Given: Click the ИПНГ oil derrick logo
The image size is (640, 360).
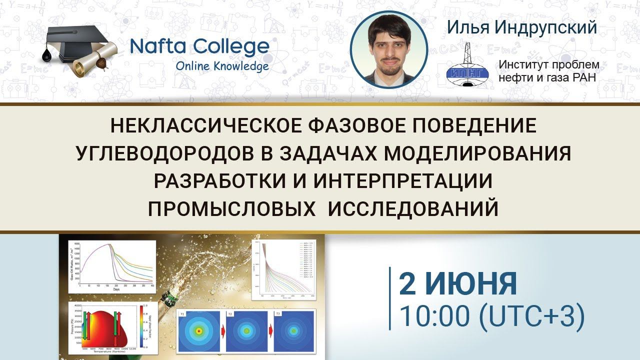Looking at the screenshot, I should (x=467, y=65).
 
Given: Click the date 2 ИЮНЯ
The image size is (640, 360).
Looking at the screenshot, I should (x=457, y=283).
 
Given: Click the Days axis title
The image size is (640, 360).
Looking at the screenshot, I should (x=116, y=289).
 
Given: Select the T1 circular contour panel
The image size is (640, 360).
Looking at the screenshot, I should (x=198, y=330).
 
